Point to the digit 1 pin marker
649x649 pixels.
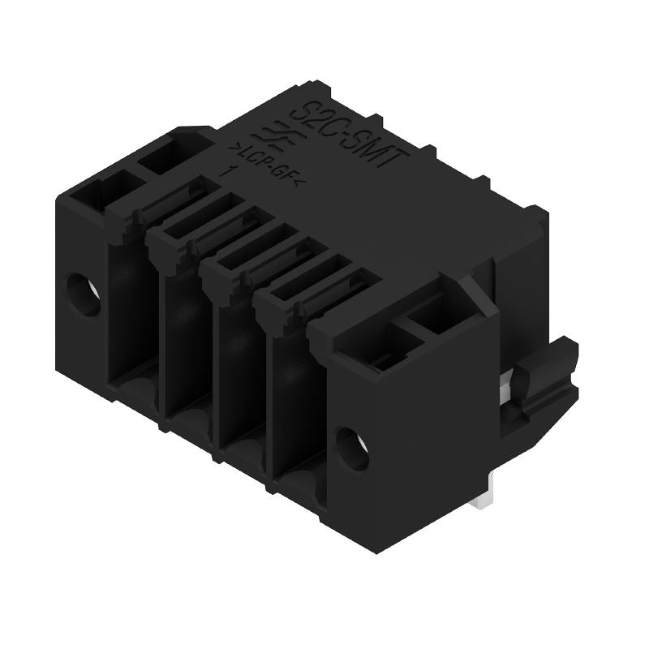coord(233,171)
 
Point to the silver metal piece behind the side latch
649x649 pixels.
coord(509,381)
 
